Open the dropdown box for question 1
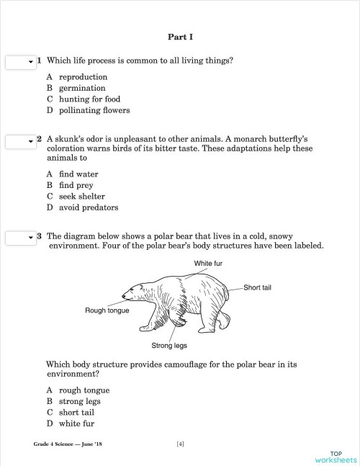[20, 63]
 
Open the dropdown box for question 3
[20, 237]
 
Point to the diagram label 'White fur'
[208, 264]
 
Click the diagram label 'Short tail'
[257, 288]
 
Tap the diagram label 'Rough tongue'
[107, 311]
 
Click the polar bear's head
[135, 292]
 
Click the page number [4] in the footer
[180, 444]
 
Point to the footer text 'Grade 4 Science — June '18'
[68, 444]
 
